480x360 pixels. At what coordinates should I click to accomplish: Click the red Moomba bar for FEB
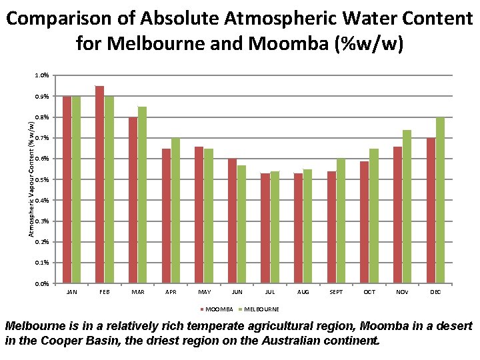coord(99,185)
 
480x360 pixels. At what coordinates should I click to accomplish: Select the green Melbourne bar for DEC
coord(440,200)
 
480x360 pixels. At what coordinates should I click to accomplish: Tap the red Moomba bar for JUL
coord(265,228)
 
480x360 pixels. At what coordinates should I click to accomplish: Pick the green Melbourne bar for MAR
coord(142,195)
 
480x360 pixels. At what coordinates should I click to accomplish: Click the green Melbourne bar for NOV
coord(407,207)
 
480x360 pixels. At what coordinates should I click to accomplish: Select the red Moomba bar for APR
coord(166,216)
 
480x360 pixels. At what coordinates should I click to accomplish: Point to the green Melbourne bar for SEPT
coord(341,221)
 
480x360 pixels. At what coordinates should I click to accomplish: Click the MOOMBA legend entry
coord(217,309)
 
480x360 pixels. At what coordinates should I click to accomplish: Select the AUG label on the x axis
coord(303,292)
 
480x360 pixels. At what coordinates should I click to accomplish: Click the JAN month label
coord(71,292)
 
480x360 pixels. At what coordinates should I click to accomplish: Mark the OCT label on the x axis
coord(369,292)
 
